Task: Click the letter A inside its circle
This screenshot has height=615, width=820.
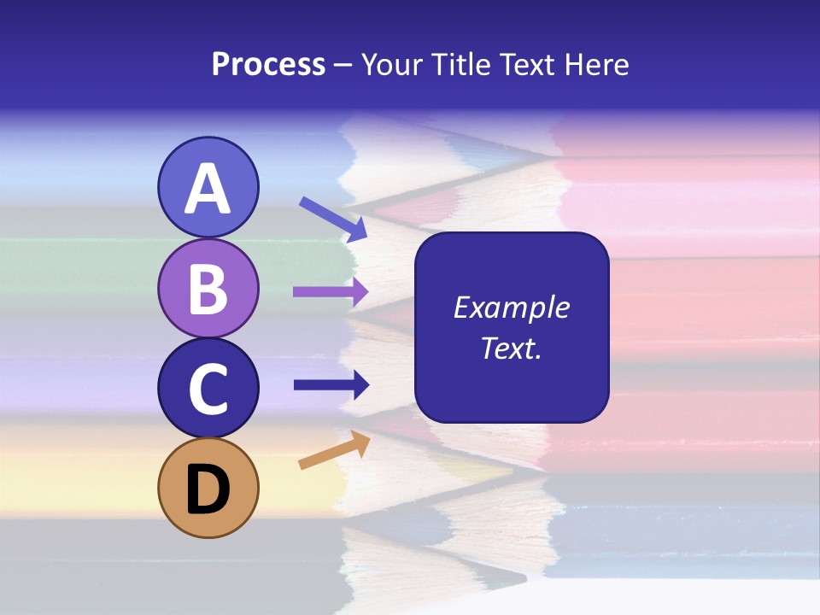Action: tap(208, 190)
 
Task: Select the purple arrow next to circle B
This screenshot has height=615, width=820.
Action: tap(331, 292)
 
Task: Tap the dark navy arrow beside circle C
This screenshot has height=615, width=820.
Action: tap(331, 385)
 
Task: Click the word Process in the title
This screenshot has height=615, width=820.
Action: tap(268, 65)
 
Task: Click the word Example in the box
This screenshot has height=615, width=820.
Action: tap(512, 307)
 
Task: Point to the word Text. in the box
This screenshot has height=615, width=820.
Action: tap(512, 348)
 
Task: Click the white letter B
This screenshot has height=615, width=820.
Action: tap(208, 290)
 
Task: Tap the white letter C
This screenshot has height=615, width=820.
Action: tap(208, 389)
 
